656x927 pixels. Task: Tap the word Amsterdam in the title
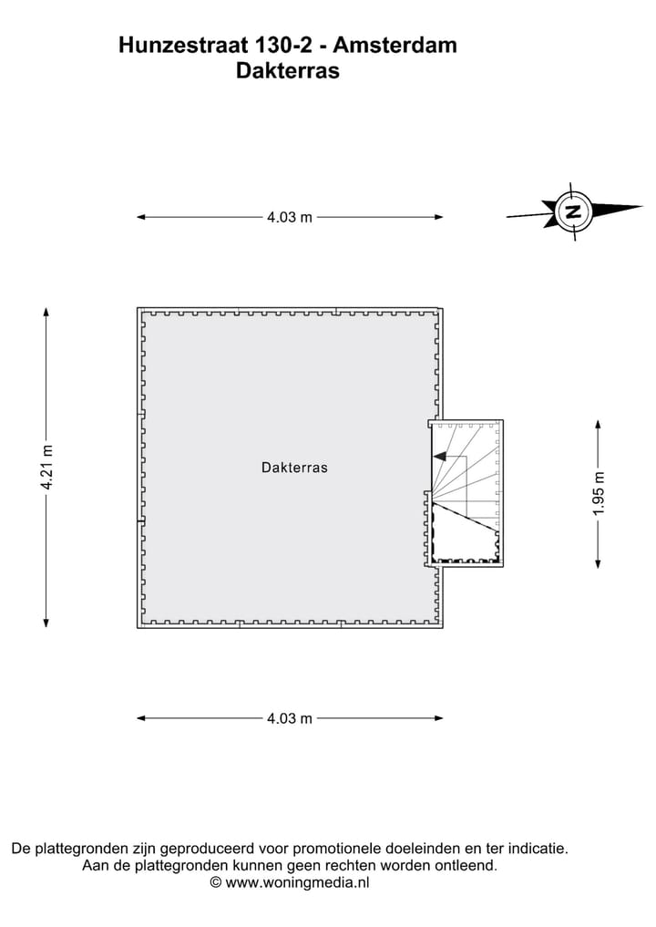coord(395,45)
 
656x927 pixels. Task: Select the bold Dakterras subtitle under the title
coord(288,70)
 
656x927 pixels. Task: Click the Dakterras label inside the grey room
coord(294,468)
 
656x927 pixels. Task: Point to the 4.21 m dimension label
coord(47,467)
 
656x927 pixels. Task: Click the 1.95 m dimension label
coord(599,494)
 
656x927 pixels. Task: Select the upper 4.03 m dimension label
coord(290,217)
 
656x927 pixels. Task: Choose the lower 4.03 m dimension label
coord(290,718)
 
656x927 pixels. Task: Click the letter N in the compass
coord(572,211)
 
